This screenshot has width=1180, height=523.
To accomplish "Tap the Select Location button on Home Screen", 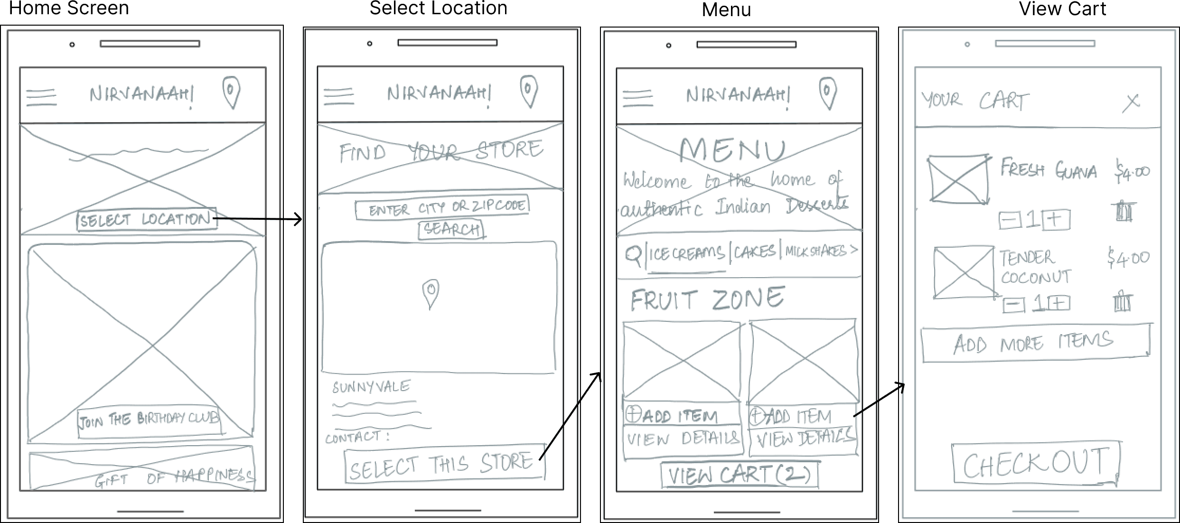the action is pos(146,220).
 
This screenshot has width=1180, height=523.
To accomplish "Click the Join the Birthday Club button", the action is pos(149,420).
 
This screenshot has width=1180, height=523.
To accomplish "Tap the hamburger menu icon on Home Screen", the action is pos(41,97).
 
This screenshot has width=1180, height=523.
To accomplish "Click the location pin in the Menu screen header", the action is pos(828,93).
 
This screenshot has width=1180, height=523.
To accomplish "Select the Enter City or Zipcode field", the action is pos(442,207).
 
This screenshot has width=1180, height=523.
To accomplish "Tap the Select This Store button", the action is pos(445,464).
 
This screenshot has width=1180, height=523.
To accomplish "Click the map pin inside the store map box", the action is pos(431,293).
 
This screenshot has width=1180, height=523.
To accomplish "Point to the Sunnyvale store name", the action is pos(371,387).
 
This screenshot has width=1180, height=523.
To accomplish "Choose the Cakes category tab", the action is pos(755,251).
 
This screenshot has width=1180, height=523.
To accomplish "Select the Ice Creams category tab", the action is pos(686,253).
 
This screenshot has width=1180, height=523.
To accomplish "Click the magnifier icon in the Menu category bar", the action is pos(633,255).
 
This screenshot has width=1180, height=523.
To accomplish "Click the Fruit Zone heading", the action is pos(707,299).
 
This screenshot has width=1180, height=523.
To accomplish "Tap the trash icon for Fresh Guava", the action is pos(1123,211).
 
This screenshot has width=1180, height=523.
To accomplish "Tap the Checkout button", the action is pos(1036,463).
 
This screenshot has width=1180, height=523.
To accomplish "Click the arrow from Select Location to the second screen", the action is pos(259,219).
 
